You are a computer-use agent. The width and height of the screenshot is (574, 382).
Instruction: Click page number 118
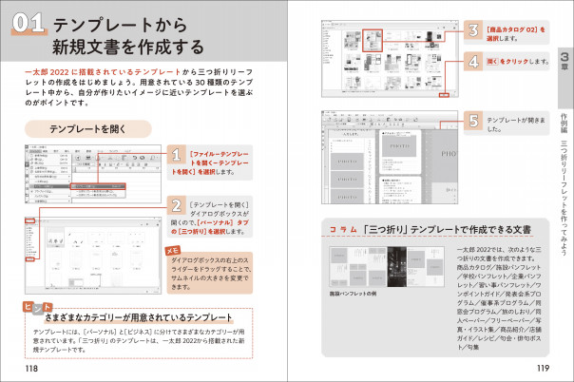pos(32,368)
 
